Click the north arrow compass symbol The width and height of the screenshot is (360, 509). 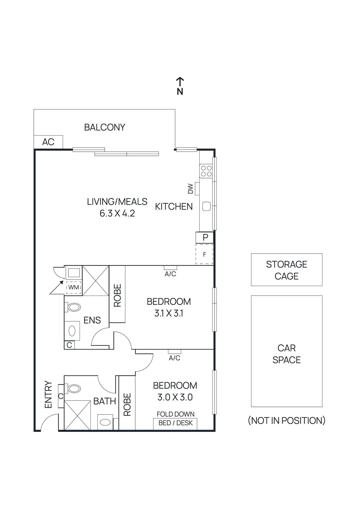[x=180, y=86]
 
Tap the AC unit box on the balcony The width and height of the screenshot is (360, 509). [x=48, y=142]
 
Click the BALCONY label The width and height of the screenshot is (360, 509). [x=104, y=127]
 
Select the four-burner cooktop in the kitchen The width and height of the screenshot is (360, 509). [x=206, y=171]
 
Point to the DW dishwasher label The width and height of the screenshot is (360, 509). [x=190, y=189]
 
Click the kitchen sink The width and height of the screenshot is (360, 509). [x=206, y=206]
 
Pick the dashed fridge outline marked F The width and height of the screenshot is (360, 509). [x=204, y=254]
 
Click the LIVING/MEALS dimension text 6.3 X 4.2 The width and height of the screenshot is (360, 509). [x=117, y=213]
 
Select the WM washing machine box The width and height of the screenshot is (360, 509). [x=74, y=287]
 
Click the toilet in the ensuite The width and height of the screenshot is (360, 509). [x=74, y=307]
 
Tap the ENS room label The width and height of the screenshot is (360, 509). [x=92, y=320]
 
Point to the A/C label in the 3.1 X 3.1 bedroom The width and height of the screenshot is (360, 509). [x=170, y=274]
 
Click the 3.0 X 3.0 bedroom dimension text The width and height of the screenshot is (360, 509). [x=175, y=397]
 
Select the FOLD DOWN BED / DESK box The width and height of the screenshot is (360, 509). [x=175, y=423]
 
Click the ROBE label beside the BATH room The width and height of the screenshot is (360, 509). [x=127, y=404]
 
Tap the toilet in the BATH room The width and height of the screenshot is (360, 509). [x=74, y=388]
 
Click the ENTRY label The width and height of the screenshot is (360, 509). [x=48, y=394]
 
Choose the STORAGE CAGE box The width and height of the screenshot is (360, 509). [x=286, y=270]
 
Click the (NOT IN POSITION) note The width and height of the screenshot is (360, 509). [x=286, y=421]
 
